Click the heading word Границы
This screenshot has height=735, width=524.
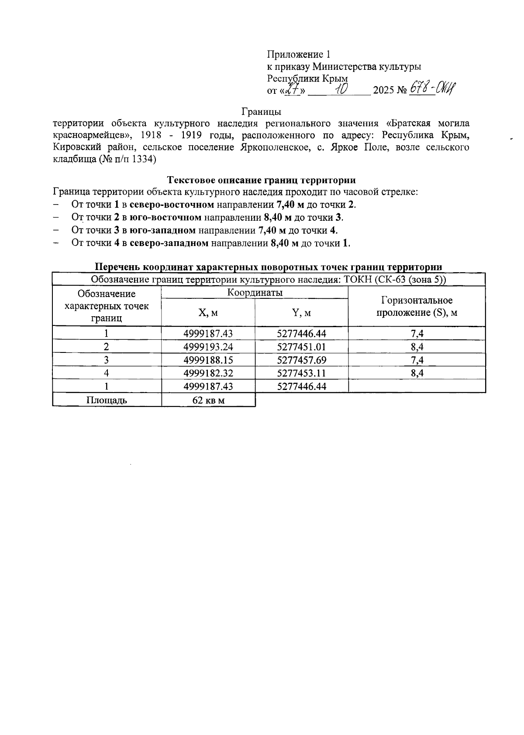(x=261, y=111)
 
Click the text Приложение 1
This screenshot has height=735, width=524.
(x=299, y=55)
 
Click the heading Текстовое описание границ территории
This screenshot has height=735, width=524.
(x=262, y=180)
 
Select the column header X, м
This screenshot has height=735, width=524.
(x=208, y=313)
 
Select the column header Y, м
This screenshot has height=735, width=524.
(x=301, y=313)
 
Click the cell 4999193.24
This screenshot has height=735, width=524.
(x=208, y=347)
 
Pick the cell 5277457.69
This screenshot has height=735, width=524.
(x=301, y=360)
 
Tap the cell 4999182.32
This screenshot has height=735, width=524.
(x=208, y=373)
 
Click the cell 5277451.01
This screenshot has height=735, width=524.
(x=301, y=347)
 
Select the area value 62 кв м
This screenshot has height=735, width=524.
(x=208, y=400)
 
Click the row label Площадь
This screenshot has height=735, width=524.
(x=107, y=400)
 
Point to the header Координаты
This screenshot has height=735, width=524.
(x=255, y=293)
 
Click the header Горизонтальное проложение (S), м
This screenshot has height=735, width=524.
(x=417, y=306)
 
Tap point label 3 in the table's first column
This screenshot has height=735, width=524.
(x=107, y=360)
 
